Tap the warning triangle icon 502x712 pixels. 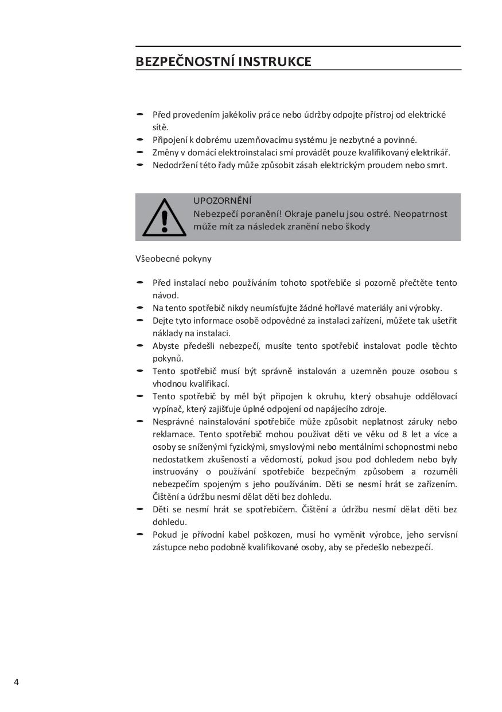[x=164, y=218]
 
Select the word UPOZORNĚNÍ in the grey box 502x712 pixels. [x=222, y=201]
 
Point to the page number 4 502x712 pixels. [x=16, y=682]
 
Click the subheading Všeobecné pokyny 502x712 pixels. [x=173, y=259]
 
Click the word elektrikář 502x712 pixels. [x=430, y=153]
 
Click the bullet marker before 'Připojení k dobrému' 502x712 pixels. [x=140, y=139]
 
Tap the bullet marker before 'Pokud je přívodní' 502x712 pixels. [x=140, y=534]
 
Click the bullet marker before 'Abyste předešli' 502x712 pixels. [x=140, y=345]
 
